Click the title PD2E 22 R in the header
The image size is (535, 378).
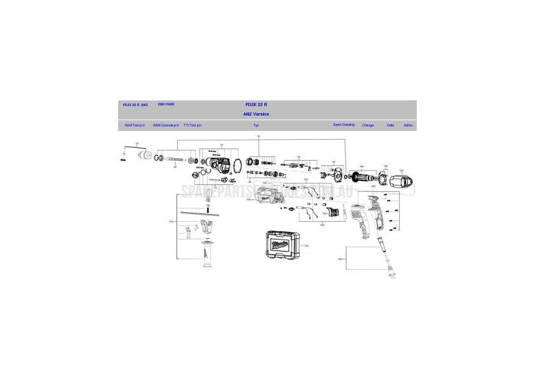(x=256, y=104)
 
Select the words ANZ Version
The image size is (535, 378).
(x=256, y=114)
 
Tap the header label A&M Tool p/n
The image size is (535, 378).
(x=134, y=125)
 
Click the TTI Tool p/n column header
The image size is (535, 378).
(x=193, y=125)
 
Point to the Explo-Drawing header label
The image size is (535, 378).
(x=344, y=125)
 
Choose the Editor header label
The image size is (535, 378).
(x=408, y=125)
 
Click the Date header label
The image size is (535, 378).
(x=390, y=125)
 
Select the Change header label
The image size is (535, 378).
(x=368, y=125)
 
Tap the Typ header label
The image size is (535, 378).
(x=256, y=125)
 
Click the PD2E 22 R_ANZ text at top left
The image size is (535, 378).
(x=135, y=104)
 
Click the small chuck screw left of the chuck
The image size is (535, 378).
(x=123, y=160)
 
